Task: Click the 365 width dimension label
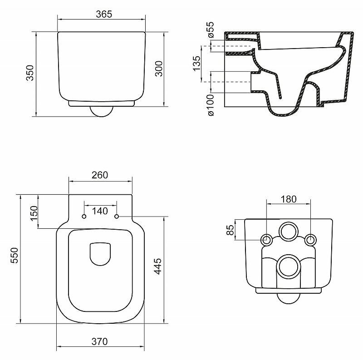[x=104, y=14]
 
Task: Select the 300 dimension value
[x=158, y=69]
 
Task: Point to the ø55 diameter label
[x=210, y=30]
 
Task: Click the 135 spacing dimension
[x=196, y=64]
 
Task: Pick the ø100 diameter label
[x=210, y=105]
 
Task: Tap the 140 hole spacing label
[x=100, y=211]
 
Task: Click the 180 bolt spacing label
[x=288, y=199]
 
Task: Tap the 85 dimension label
[x=230, y=231]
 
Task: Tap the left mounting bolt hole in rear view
[x=267, y=240]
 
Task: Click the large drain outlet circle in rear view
[x=288, y=266]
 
